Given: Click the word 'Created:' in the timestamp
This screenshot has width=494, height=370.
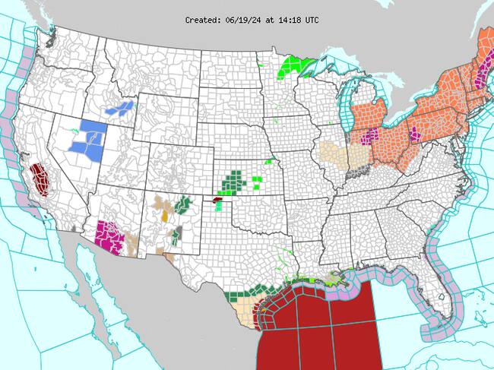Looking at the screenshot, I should tap(204, 21).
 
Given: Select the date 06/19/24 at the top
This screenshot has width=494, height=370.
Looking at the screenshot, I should tap(245, 21).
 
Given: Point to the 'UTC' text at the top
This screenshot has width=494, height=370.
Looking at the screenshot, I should tap(312, 21).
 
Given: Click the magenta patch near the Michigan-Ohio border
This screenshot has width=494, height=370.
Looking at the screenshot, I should tap(371, 136).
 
